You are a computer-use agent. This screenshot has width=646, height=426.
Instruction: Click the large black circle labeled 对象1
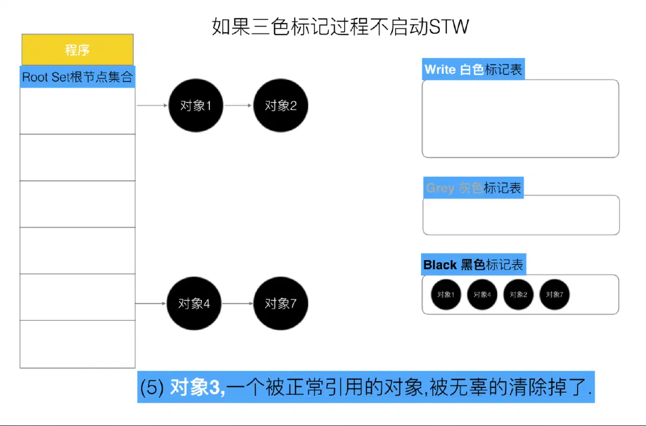pyautogui.click(x=196, y=105)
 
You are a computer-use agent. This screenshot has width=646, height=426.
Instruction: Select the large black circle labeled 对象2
pyautogui.click(x=280, y=105)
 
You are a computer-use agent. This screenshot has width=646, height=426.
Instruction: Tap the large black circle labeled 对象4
pyautogui.click(x=194, y=303)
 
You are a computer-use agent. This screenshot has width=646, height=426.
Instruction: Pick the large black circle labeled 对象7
pyautogui.click(x=280, y=303)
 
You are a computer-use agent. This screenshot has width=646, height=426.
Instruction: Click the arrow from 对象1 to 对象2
pyautogui.click(x=238, y=105)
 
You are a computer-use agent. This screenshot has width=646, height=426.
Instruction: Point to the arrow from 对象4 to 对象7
pyautogui.click(x=237, y=303)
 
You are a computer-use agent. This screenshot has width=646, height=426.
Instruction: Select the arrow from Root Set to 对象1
pyautogui.click(x=152, y=105)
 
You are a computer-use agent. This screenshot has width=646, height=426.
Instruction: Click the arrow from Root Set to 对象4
pyautogui.click(x=151, y=303)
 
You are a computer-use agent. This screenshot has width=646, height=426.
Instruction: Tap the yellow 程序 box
pyautogui.click(x=78, y=50)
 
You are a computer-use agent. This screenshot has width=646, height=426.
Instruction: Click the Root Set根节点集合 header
pyautogui.click(x=78, y=76)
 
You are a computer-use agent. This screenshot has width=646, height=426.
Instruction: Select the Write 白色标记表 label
pyautogui.click(x=473, y=69)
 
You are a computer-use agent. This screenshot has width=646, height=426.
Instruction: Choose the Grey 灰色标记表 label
pyautogui.click(x=474, y=188)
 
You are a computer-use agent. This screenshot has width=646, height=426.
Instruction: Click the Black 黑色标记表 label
pyautogui.click(x=474, y=264)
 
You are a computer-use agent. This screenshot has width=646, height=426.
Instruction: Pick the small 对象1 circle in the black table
pyautogui.click(x=446, y=295)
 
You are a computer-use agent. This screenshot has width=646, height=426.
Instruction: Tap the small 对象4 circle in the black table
pyautogui.click(x=482, y=295)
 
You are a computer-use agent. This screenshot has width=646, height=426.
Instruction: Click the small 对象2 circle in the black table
pyautogui.click(x=518, y=295)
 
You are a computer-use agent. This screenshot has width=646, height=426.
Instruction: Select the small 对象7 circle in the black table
pyautogui.click(x=554, y=295)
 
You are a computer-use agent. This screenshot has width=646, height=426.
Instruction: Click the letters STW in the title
pyautogui.click(x=449, y=27)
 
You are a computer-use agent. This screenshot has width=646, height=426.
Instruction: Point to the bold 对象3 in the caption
pyautogui.click(x=198, y=387)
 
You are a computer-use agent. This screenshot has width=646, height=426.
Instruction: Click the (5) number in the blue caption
pyautogui.click(x=152, y=387)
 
